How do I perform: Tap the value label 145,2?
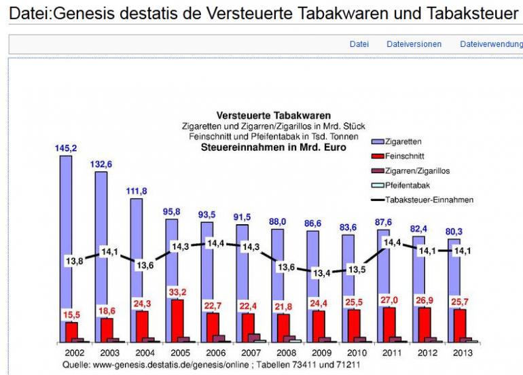[66, 147]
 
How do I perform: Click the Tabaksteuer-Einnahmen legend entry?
[429, 200]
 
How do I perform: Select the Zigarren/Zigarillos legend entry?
[416, 171]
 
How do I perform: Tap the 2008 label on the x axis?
[285, 353]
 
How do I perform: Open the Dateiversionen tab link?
[414, 44]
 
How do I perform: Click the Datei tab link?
[359, 44]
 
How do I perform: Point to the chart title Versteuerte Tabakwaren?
[274, 116]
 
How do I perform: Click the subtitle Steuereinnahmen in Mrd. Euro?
[274, 146]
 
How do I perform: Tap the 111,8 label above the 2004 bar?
[137, 191]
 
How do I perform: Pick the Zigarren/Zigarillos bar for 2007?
[254, 338]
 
